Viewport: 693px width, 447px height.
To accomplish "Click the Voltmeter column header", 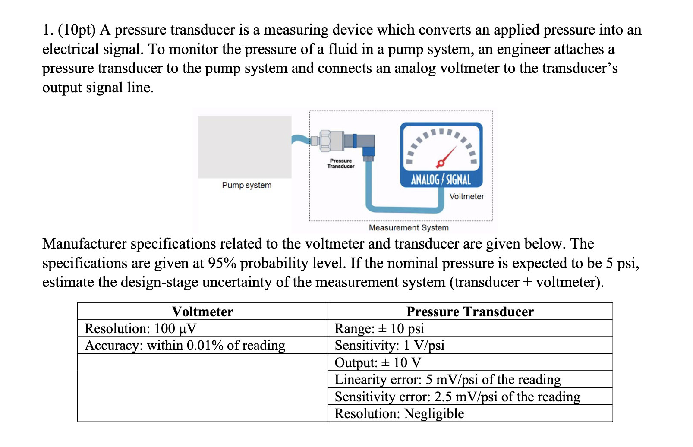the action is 202,312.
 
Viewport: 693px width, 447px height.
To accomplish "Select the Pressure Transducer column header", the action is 470,312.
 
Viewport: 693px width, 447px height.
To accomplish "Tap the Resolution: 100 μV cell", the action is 141,329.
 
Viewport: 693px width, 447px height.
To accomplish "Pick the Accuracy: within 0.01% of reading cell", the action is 185,346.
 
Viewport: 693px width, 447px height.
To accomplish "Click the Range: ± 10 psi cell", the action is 379,329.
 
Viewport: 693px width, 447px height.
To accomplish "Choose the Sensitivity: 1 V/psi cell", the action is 390,346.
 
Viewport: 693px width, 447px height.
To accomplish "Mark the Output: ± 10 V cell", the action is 378,362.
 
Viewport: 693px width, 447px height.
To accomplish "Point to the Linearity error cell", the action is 447,380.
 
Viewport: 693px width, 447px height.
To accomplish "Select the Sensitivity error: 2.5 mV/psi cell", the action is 457,397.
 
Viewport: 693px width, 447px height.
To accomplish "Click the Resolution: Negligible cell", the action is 399,414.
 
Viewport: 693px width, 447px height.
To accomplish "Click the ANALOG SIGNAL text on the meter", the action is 441,179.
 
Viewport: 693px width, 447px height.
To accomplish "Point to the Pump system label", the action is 247,185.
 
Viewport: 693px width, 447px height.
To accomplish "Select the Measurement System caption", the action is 409,228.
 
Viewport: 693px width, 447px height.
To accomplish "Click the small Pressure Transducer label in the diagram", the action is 341,164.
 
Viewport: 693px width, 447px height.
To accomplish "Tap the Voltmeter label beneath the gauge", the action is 466,197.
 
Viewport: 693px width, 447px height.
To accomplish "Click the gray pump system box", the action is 245,147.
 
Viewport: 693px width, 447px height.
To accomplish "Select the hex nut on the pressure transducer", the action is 325,141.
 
